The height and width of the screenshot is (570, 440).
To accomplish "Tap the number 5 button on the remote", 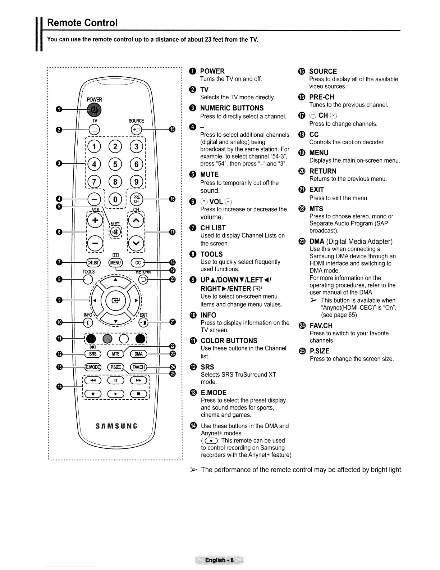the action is tap(115, 164).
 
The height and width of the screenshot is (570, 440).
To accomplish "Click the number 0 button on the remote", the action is tap(115, 199).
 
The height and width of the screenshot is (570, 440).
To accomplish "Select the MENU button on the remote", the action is tap(115, 263).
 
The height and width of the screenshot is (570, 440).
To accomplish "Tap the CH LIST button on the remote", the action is tap(93, 263).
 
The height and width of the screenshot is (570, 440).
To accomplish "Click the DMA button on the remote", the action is tap(138, 354).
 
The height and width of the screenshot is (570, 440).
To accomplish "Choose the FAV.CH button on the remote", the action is tap(138, 367).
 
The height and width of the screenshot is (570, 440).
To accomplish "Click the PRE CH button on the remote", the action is tap(137, 199).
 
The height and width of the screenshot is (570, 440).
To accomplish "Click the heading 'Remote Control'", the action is tap(82, 23).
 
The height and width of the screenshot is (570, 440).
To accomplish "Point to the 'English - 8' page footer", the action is tap(219, 560).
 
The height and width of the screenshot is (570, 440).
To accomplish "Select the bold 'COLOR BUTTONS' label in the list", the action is tap(229, 341).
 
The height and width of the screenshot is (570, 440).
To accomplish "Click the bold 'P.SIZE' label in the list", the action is tap(319, 351).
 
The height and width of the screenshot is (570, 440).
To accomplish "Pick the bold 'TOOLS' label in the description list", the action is tap(211, 254).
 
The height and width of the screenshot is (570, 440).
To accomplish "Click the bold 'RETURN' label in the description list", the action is tap(323, 171).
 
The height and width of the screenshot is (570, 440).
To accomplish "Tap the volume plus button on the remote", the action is tap(94, 220).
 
